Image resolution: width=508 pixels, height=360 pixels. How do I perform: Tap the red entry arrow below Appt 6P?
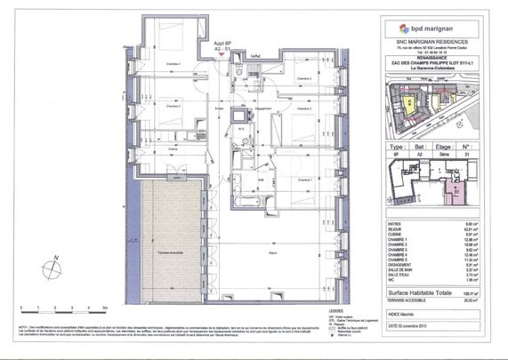click(x=222, y=53)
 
